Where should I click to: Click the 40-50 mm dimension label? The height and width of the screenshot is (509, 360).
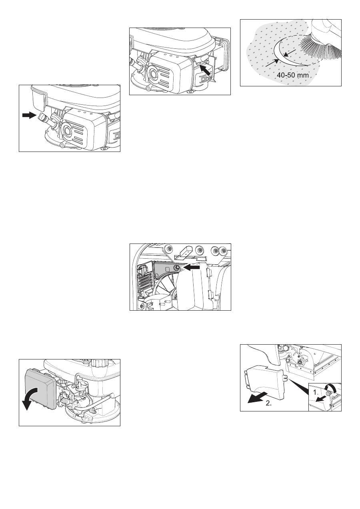coord(293,75)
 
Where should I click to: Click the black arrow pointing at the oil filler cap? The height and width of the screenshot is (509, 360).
coord(29,116)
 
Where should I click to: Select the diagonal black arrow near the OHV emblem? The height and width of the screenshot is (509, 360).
coord(206,70)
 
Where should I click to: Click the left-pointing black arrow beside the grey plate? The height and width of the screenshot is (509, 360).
coord(191,268)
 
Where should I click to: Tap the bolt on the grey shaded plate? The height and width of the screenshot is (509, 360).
coord(176,268)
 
